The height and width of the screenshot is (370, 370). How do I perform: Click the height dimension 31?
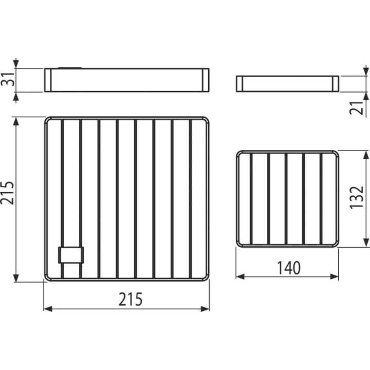click(8, 80)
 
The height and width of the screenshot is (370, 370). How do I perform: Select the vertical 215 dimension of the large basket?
click(7, 193)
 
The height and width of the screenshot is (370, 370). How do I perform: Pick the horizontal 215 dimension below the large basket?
click(131, 299)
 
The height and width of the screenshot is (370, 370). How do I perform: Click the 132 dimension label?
click(356, 197)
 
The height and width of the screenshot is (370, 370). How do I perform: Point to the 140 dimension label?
click(289, 268)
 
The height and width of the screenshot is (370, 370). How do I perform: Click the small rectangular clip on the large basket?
click(71, 255)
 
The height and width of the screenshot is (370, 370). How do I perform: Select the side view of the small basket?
click(287, 84)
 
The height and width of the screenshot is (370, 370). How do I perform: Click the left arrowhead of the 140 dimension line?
click(240, 277)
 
